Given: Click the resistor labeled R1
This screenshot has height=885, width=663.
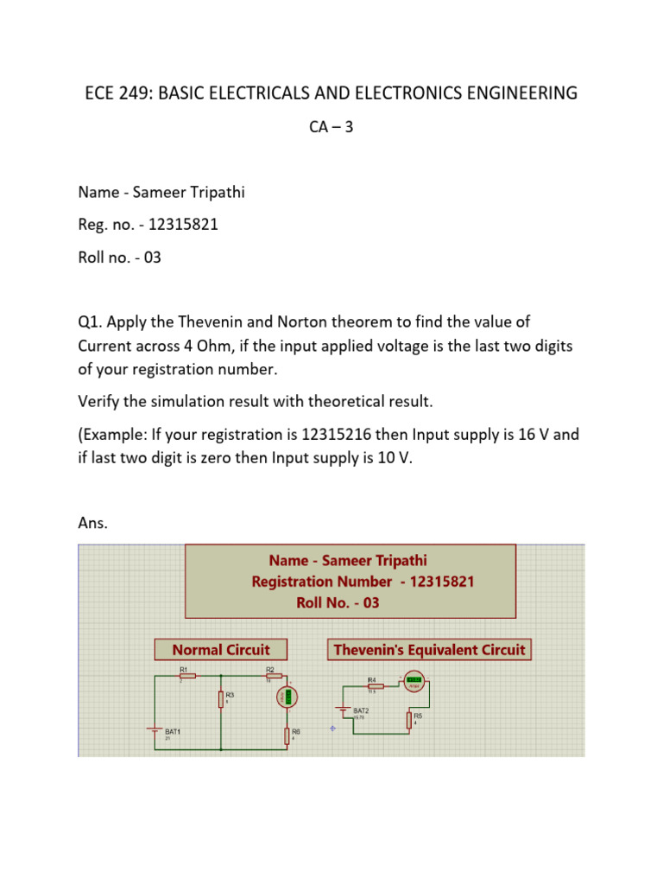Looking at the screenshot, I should pyautogui.click(x=187, y=676).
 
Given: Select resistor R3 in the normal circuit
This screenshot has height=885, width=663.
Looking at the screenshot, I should pyautogui.click(x=222, y=699).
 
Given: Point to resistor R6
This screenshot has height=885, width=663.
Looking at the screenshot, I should pyautogui.click(x=287, y=735).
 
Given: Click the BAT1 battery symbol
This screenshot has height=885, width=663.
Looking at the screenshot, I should pyautogui.click(x=155, y=730).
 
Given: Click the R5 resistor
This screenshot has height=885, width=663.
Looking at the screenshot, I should pyautogui.click(x=408, y=721).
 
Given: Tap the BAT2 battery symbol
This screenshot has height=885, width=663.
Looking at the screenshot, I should pyautogui.click(x=345, y=712).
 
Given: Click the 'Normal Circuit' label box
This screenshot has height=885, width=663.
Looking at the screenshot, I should pyautogui.click(x=221, y=650).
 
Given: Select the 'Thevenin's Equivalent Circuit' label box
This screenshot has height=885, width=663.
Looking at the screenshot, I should pyautogui.click(x=429, y=650).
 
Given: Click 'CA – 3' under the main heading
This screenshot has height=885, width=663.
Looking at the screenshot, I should pyautogui.click(x=331, y=127).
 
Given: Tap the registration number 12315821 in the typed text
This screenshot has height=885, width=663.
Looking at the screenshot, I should pyautogui.click(x=183, y=225).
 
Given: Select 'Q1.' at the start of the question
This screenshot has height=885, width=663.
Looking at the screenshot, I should pyautogui.click(x=90, y=322).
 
